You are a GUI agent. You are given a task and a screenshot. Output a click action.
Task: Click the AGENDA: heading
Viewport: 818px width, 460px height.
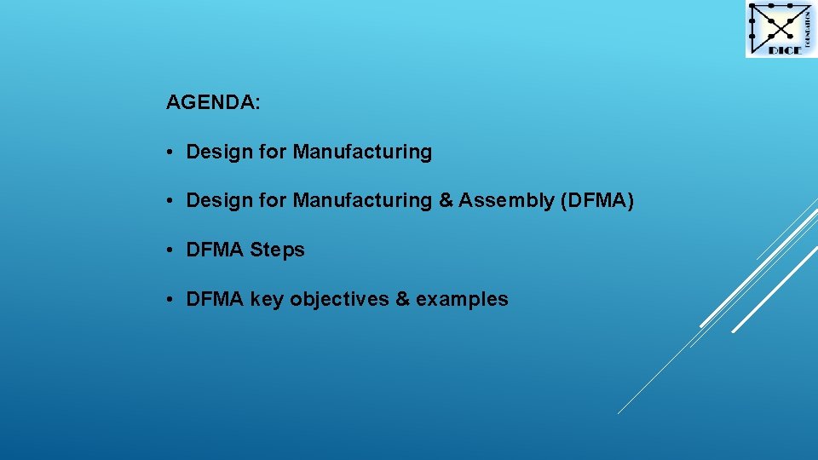point(213,103)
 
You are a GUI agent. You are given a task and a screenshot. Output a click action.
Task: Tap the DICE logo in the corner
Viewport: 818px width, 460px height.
point(781,29)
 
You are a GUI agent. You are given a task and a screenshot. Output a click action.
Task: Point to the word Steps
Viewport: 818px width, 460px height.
point(278,250)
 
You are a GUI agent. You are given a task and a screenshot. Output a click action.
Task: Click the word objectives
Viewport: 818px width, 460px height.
point(340,300)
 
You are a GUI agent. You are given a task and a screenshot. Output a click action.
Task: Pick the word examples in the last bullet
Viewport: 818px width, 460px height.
point(463,300)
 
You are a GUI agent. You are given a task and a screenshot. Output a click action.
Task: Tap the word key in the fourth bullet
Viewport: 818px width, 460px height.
point(267,300)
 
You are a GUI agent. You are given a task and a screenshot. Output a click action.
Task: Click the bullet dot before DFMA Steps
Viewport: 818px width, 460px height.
point(171,250)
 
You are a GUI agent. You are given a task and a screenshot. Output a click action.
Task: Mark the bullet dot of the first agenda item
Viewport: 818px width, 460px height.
point(171,152)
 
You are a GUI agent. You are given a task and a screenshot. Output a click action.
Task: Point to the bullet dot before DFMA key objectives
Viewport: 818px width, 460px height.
point(171,300)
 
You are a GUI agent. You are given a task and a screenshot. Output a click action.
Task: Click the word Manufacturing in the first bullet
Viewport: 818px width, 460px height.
point(362,152)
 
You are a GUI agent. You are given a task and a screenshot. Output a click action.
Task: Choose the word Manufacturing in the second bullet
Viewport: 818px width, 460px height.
point(362,201)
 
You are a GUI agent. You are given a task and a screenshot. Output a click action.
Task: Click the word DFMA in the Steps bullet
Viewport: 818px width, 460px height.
point(215,250)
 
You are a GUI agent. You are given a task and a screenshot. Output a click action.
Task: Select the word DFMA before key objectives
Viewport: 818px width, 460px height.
point(215,300)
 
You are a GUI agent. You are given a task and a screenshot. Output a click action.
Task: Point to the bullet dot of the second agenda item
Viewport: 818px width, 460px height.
point(171,201)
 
